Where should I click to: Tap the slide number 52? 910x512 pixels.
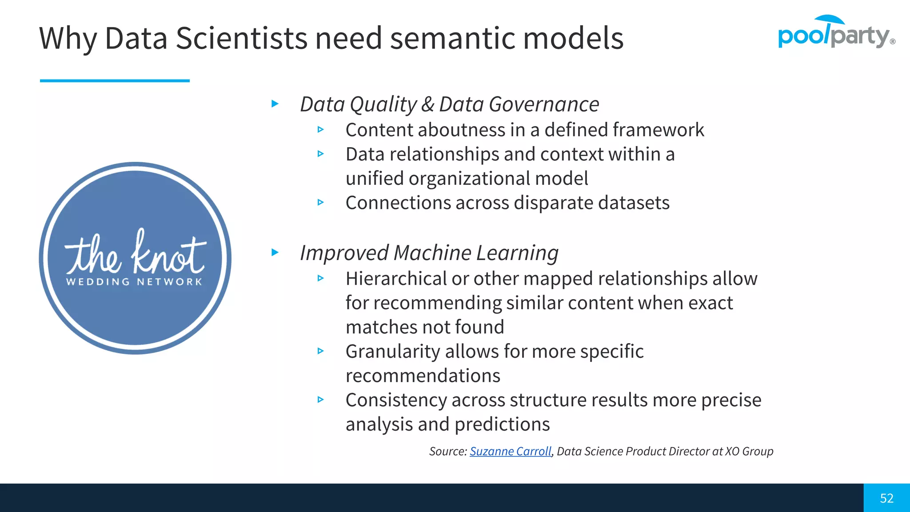tap(886, 498)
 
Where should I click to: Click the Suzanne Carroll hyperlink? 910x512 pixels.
tap(510, 452)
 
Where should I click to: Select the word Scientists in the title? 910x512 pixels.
tap(241, 38)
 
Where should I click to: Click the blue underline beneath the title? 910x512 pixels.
tap(115, 80)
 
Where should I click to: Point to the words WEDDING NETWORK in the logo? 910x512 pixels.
tap(134, 282)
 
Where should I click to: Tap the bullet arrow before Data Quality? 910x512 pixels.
tap(275, 104)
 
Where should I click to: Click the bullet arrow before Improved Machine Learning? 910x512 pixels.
tap(275, 252)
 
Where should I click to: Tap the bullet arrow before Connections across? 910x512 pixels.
tap(321, 202)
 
